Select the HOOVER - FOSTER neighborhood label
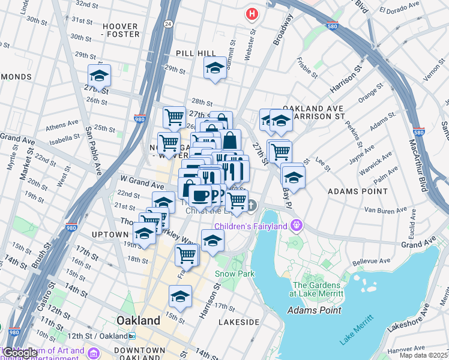click(121, 30)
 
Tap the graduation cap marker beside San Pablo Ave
click(99, 76)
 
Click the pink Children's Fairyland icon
click(295, 226)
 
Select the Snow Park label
click(235, 274)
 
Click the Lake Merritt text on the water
click(354, 332)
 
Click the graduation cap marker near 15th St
click(180, 296)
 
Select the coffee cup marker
click(199, 195)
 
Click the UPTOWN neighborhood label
click(110, 233)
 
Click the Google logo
click(20, 353)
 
